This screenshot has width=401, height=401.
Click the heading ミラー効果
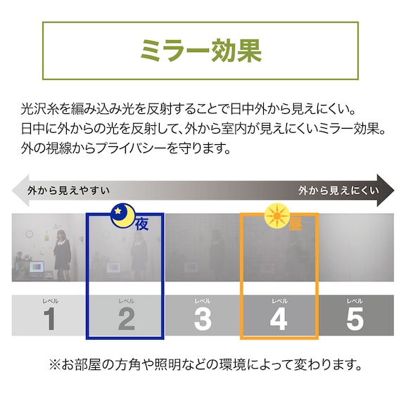pos(200,51)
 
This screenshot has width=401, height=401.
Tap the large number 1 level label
pos(49,319)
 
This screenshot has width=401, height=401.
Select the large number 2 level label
pos(126,319)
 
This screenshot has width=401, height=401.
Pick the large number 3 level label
pos(203,319)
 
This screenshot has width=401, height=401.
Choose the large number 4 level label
pos(279,319)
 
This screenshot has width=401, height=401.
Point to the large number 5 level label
pos(355,319)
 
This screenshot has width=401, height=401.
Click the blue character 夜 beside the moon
pos(142,224)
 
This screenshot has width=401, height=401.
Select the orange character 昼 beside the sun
pos(295,224)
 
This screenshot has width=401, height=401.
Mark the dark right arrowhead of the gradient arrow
pos(387,190)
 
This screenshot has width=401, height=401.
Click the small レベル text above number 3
pos(203,301)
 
